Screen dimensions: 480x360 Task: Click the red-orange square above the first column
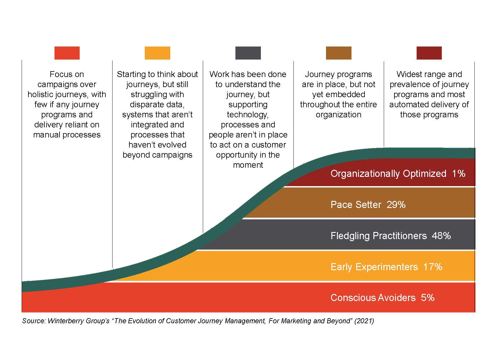(67, 53)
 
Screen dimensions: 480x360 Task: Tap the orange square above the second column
(158, 53)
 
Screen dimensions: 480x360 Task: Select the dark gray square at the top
(248, 53)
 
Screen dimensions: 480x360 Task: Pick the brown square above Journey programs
(338, 53)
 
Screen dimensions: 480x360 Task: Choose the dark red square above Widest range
(429, 53)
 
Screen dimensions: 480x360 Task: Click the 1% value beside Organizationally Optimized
(459, 173)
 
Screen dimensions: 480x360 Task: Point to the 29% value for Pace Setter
(396, 205)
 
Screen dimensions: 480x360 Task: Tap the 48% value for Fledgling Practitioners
(441, 236)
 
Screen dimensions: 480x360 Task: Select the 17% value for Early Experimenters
(433, 267)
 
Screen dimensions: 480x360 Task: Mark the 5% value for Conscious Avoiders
(428, 298)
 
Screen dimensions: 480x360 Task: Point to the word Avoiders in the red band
(397, 298)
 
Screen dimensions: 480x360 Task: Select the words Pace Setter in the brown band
(356, 205)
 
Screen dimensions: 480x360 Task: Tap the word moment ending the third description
(248, 165)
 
